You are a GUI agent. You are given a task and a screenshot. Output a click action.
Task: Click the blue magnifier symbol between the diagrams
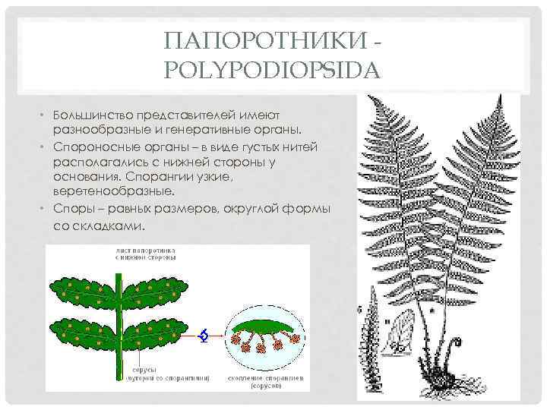point(202,335)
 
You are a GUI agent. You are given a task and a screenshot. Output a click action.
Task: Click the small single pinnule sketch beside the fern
point(398,335)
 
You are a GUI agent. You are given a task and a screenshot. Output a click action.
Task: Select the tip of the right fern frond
point(500,96)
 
